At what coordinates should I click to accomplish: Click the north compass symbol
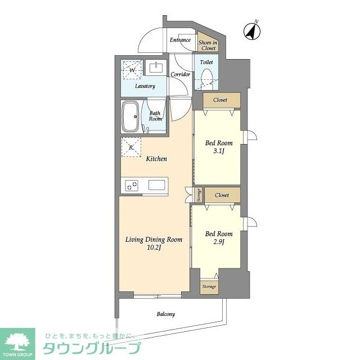point(252,31)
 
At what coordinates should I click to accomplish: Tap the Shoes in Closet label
point(208,45)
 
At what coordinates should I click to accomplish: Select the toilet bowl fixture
point(206,79)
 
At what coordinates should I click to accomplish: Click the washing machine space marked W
point(132,70)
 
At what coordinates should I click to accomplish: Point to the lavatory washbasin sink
point(156,67)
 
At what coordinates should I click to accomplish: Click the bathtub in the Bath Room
point(130,116)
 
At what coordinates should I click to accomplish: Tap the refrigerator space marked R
point(131,147)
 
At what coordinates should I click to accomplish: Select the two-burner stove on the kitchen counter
point(132,185)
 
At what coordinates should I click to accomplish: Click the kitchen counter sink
point(157,185)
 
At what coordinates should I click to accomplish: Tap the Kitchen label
point(156,159)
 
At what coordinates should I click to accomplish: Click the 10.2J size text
point(154,247)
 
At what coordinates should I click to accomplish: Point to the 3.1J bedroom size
point(219,151)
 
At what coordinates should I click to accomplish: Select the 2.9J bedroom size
point(219,242)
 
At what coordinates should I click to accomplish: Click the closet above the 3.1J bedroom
point(222,100)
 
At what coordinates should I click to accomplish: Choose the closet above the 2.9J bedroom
point(223,195)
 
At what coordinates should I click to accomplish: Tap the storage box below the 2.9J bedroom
point(209,287)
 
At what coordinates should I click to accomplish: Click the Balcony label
point(166,314)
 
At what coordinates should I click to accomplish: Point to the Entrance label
point(180,40)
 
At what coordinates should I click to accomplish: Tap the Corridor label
point(181,74)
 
